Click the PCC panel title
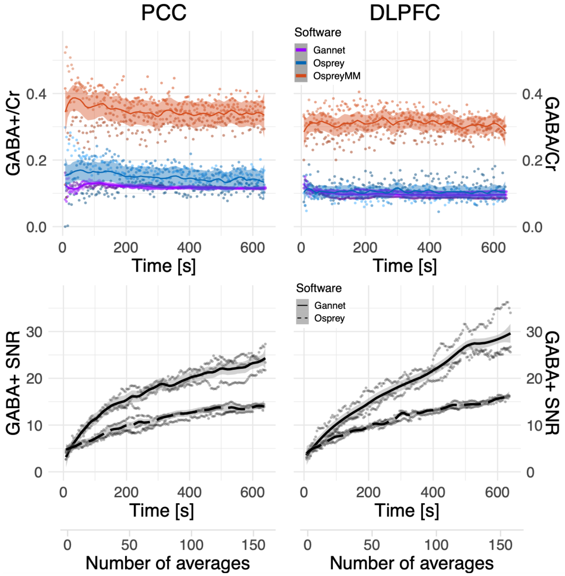tap(163, 13)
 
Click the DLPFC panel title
tap(404, 13)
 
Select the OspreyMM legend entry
tap(336, 76)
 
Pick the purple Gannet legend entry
tap(329, 50)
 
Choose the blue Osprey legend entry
tap(328, 63)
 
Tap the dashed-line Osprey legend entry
tap(329, 318)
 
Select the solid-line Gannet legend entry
tap(330, 306)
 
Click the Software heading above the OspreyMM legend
tap(317, 32)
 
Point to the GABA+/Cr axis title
tap(13, 134)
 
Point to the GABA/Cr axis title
tap(552, 134)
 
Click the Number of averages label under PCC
tap(167, 563)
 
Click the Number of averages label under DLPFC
tap(411, 563)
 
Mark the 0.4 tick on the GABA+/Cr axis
tap(36, 94)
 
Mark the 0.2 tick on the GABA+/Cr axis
tap(36, 160)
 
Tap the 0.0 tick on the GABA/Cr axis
tap(532, 227)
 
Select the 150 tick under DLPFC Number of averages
tap(500, 545)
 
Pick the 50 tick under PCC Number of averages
tap(129, 545)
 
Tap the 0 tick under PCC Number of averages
tap(67, 545)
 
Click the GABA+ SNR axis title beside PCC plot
tap(13, 383)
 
